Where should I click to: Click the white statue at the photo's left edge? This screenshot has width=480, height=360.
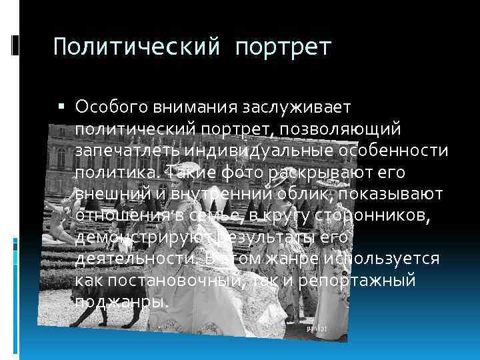point(57,220)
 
